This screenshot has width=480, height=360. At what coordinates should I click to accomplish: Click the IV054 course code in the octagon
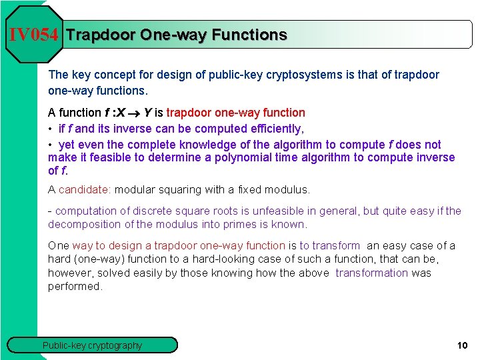(x=34, y=35)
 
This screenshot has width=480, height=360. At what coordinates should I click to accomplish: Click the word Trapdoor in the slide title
(x=100, y=35)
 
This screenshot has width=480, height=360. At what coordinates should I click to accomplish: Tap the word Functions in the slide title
(x=249, y=35)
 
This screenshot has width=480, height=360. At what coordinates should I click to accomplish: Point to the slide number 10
(x=462, y=345)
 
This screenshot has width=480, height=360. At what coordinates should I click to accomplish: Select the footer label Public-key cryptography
(x=92, y=345)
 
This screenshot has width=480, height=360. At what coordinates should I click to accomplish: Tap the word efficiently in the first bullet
(x=265, y=129)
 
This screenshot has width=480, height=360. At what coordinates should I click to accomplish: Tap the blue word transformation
(x=371, y=273)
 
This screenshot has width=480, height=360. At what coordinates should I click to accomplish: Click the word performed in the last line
(x=75, y=286)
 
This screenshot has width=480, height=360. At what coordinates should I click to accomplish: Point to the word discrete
(x=147, y=211)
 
